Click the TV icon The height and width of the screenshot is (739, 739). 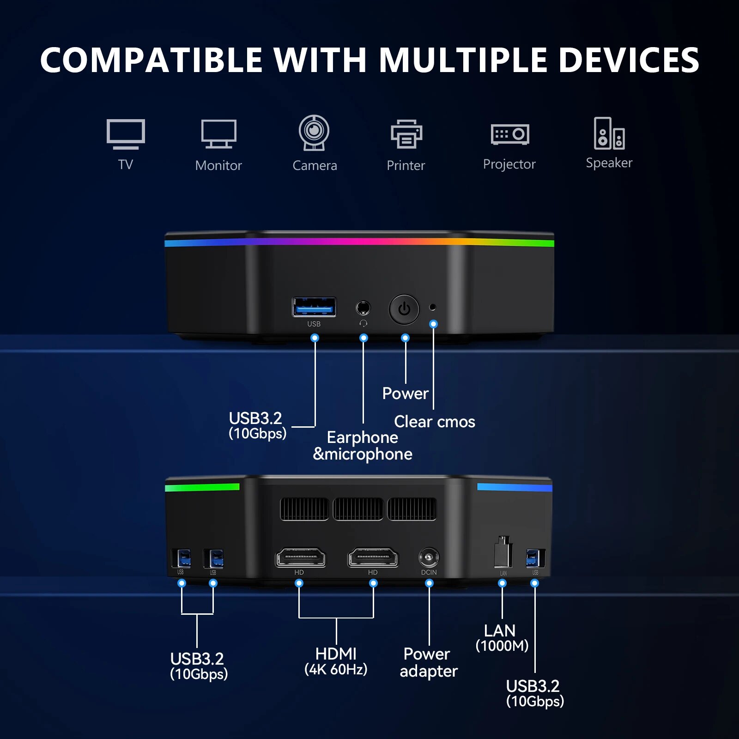[x=126, y=134]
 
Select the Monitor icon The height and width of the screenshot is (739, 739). [x=219, y=134]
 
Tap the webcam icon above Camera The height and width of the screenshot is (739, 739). [x=314, y=133]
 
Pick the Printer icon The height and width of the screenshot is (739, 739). [x=406, y=134]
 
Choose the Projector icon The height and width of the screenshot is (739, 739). [x=510, y=134]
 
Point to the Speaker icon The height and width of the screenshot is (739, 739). [x=609, y=133]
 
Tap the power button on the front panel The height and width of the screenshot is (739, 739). [x=404, y=309]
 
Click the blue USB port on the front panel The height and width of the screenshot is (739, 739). [x=314, y=307]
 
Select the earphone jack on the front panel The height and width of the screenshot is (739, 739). [x=363, y=308]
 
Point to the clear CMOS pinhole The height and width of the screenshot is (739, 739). [x=433, y=307]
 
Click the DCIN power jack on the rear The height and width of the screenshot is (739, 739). [x=429, y=557]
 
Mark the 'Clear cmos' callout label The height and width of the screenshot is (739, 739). [x=435, y=422]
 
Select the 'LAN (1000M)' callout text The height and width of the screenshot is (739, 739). [x=502, y=638]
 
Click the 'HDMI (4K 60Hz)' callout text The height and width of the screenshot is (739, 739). [x=336, y=661]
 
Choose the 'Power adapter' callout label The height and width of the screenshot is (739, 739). [x=428, y=662]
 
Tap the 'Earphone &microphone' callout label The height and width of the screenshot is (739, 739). [x=363, y=446]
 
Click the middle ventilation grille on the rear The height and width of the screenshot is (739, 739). [x=358, y=509]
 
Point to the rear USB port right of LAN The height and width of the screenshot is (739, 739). [x=535, y=558]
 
